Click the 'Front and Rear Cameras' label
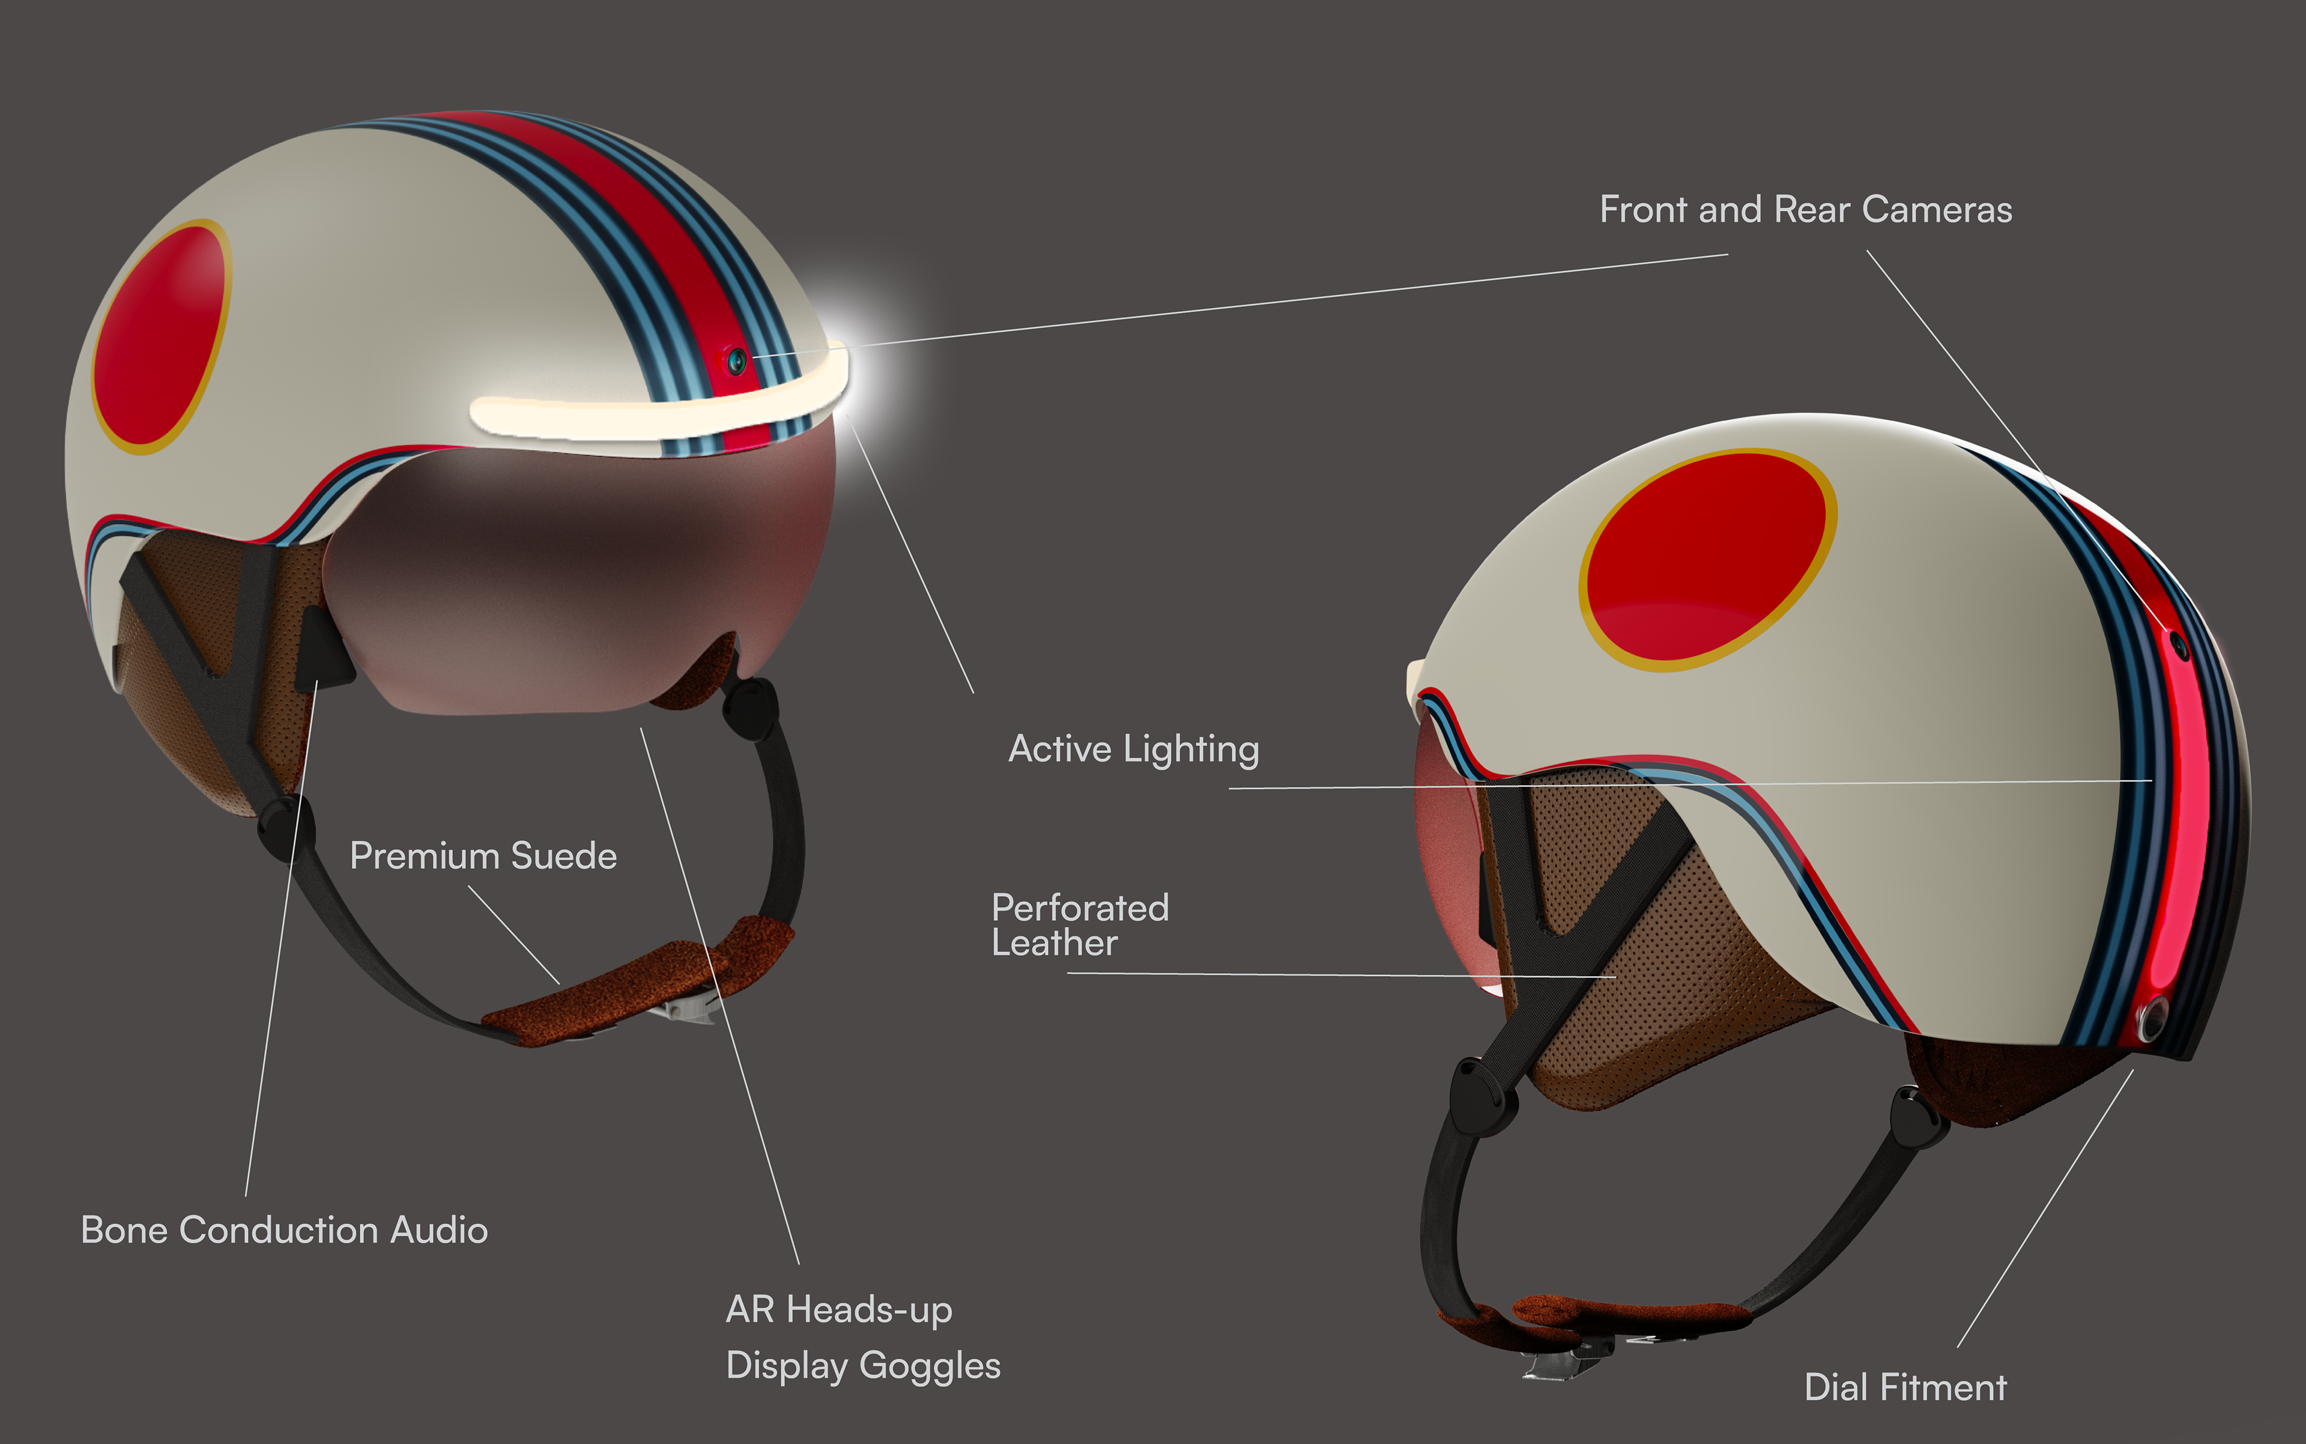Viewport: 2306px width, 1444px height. (x=1805, y=209)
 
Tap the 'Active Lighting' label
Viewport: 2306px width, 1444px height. (x=1133, y=750)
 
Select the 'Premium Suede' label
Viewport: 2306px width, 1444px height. (x=483, y=856)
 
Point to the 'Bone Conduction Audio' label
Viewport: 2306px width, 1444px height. (x=283, y=1230)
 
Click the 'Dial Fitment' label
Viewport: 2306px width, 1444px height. (x=1905, y=1387)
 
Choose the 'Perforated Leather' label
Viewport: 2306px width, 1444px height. (x=1079, y=924)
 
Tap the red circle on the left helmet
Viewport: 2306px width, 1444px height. (x=160, y=336)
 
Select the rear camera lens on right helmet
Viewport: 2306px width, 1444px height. (x=2180, y=646)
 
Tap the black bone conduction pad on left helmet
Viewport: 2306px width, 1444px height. (x=322, y=649)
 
